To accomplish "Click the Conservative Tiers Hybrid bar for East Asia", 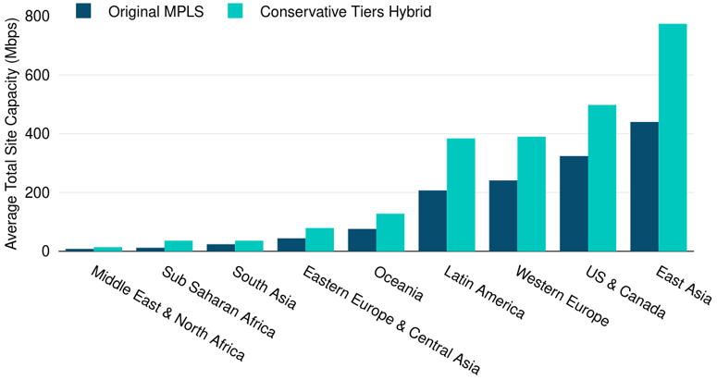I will tap(673, 138).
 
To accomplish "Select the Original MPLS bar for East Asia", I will tap(644, 187).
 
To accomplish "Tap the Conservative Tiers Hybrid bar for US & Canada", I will tap(602, 178).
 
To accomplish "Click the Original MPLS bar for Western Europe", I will tap(503, 215).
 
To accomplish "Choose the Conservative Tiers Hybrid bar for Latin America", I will tap(461, 195).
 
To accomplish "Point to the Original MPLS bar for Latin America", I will tap(432, 221).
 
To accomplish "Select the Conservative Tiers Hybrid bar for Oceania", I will tap(390, 232).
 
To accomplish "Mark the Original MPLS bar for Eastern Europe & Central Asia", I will tap(291, 245).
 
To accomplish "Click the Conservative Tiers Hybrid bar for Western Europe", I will tap(531, 194).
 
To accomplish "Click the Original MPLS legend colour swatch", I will tap(84, 12).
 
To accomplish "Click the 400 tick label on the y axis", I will tap(38, 134).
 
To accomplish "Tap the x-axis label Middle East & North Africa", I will tap(167, 314).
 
